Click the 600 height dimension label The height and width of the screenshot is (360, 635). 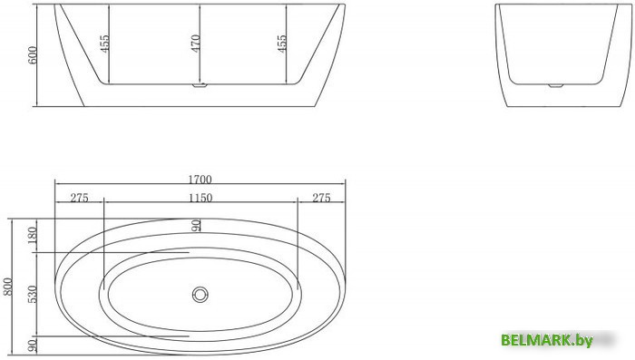pos(33,54)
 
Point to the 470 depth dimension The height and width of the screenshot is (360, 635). pos(195,44)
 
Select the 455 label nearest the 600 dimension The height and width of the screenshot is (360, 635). pos(104,44)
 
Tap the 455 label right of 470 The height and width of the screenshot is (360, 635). pos(281,44)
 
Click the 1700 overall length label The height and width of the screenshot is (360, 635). pos(200,180)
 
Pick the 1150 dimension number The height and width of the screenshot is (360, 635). pos(200,198)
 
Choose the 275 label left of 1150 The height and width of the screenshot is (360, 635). pos(80,198)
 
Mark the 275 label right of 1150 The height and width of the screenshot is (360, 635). pos(321,198)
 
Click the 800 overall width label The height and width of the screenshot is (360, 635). pos(8,287)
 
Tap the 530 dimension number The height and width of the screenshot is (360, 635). pos(33,294)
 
